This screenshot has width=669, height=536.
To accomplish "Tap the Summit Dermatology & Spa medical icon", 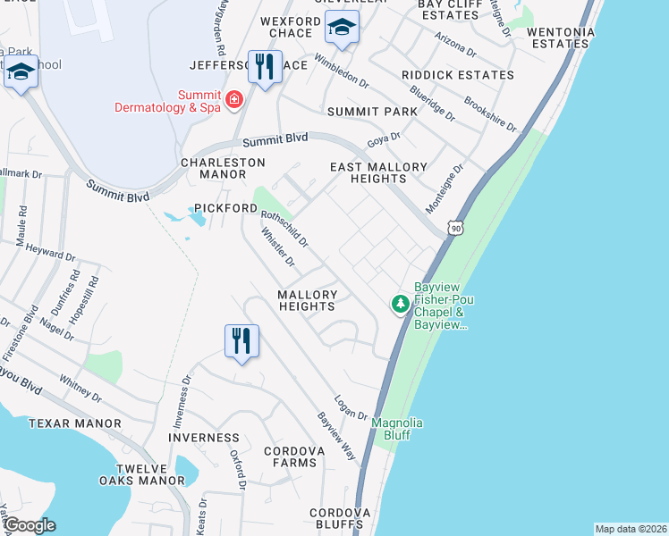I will [234, 99].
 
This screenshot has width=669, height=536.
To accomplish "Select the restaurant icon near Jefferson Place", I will [265, 67].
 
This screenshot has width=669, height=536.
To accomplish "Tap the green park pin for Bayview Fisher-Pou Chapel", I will [401, 305].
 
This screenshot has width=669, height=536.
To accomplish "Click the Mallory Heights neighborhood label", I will [307, 300].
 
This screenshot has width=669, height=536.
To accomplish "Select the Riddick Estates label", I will [458, 75].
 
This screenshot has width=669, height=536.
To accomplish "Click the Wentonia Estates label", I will [561, 37].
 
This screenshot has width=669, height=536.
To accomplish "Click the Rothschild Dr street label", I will [284, 228].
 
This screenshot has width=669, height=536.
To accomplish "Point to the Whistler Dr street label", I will [277, 247].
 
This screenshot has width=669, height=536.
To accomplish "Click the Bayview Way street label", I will [337, 437].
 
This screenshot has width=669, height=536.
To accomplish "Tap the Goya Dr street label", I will [384, 140].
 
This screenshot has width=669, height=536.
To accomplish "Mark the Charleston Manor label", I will [224, 169].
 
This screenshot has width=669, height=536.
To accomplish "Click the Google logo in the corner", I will [29, 525].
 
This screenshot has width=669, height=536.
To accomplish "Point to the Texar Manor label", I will [74, 423].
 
